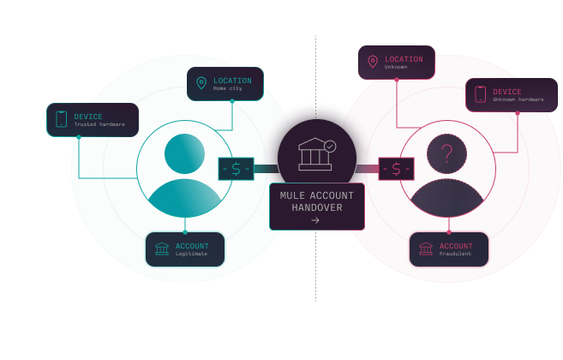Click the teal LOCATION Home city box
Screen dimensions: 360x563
[225, 84]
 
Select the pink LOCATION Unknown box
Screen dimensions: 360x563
[396, 63]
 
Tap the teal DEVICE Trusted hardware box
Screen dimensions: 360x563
[93, 120]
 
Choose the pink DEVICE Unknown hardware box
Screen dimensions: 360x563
[511, 95]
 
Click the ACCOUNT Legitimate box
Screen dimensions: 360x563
[184, 249]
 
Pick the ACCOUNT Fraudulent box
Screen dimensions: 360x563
[448, 249]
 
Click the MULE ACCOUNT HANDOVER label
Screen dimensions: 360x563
[316, 201]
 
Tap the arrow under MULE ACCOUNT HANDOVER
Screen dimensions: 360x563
[315, 220]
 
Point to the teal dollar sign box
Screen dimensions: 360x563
[236, 169]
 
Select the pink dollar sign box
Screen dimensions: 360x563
[396, 169]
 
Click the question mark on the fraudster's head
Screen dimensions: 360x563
[446, 154]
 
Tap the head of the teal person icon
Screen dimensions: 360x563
[184, 153]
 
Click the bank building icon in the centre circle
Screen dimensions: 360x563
[314, 155]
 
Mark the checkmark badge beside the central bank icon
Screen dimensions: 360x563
[330, 147]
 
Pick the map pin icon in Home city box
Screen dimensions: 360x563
[201, 83]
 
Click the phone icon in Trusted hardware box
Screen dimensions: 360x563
[61, 119]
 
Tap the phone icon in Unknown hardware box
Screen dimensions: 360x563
[480, 94]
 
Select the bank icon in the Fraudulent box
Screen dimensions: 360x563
[426, 249]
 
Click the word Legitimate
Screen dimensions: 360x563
[192, 254]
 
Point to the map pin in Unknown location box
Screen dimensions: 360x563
[373, 62]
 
